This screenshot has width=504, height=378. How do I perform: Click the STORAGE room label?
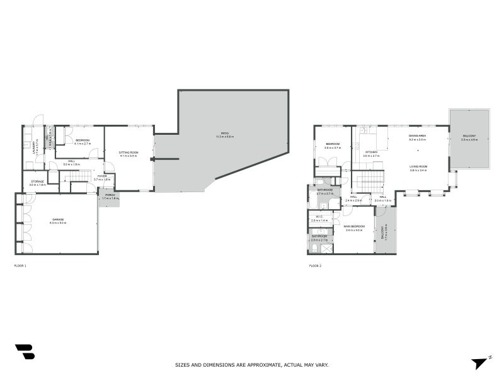coord(37,181)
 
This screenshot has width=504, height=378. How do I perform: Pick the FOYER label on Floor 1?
coord(101,176)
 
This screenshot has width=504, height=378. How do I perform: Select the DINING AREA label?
coord(418,136)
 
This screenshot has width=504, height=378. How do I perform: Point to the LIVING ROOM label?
coord(419,166)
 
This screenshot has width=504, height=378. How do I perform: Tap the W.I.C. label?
coord(319,217)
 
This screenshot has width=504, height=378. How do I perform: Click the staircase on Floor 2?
coord(368,182)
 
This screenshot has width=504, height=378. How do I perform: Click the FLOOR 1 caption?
coord(20,266)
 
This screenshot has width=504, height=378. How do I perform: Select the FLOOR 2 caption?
coord(315,266)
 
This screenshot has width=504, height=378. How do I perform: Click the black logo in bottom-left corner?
coord(25,352)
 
